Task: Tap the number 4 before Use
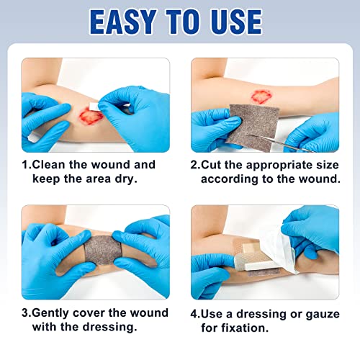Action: pos(194,312)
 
